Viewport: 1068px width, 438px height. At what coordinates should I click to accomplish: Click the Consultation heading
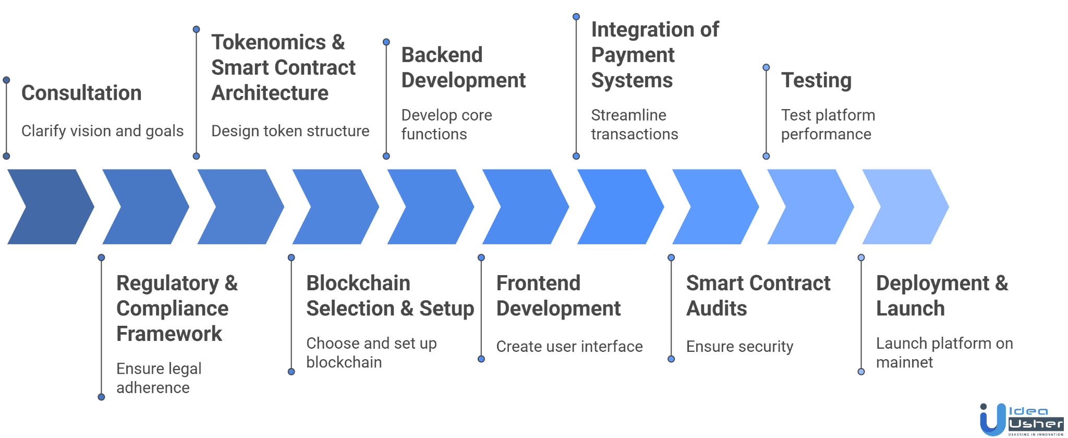point(81,93)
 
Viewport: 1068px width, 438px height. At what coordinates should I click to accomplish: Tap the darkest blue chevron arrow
point(50,207)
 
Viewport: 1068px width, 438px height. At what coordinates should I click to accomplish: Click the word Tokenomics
point(269,42)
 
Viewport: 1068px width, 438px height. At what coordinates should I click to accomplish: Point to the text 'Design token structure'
point(290,131)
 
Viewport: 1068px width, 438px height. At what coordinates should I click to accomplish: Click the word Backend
point(442,55)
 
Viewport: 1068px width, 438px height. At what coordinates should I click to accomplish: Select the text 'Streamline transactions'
point(634,124)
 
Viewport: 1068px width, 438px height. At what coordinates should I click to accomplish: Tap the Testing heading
point(816,80)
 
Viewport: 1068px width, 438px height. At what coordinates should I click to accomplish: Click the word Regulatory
point(167,283)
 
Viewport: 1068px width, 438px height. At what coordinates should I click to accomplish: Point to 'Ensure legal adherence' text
point(159,378)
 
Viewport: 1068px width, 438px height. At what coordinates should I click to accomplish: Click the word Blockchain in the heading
point(358,283)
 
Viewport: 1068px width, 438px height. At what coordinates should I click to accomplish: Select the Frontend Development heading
point(558,295)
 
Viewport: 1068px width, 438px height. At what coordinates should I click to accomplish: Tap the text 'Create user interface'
point(569,346)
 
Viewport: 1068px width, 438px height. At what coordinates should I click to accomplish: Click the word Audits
point(717,309)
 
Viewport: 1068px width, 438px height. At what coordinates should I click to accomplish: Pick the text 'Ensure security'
point(739,346)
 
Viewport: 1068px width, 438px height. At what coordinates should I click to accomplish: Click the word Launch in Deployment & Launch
point(910,309)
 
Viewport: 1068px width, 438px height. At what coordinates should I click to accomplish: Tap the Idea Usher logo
point(1021,419)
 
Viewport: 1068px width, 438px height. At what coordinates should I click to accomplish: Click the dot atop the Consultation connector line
point(6,80)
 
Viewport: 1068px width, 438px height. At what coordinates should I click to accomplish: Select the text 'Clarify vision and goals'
point(102,131)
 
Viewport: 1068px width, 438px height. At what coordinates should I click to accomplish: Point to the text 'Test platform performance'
point(828,124)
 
